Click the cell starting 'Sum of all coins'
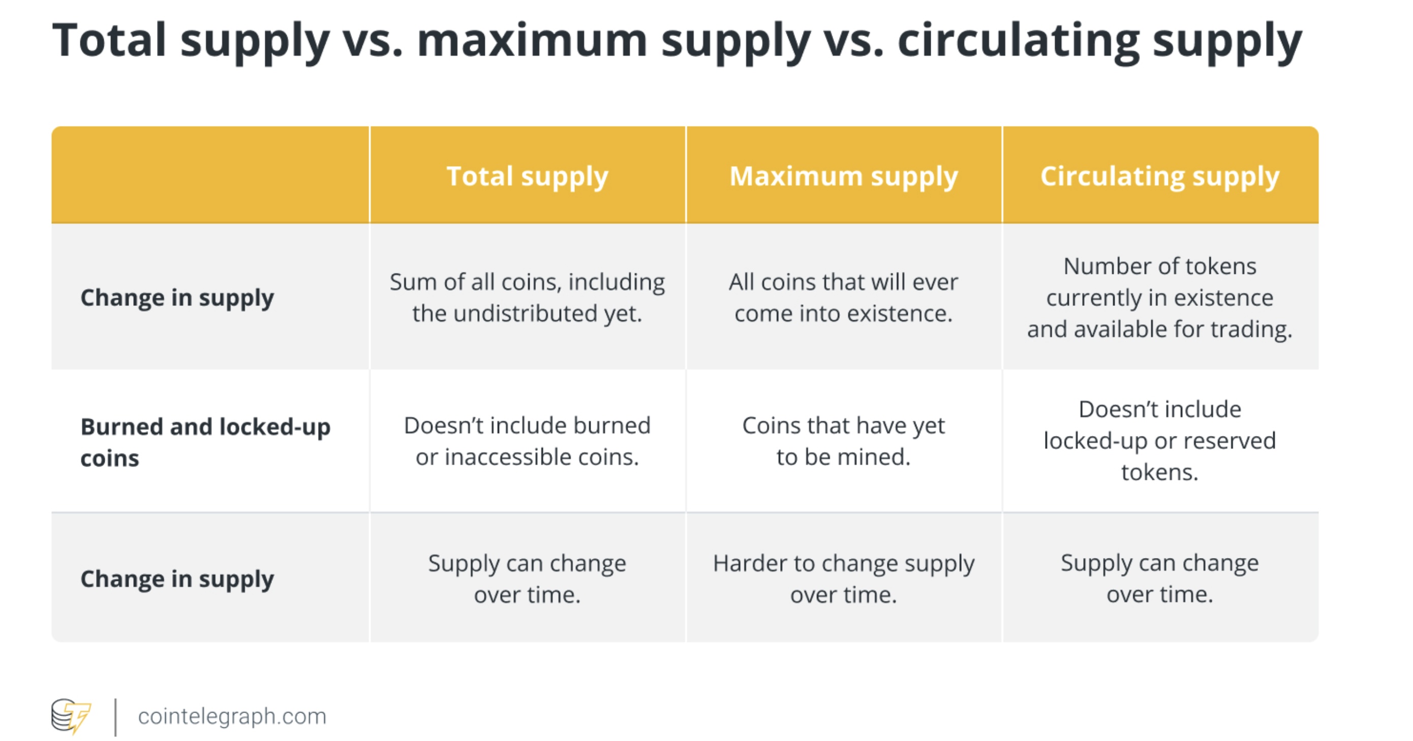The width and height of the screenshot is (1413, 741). point(528,297)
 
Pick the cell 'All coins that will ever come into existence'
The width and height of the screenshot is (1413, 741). point(844,297)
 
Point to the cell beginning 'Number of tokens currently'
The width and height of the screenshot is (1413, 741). point(1160,297)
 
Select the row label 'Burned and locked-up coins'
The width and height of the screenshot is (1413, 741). point(205,442)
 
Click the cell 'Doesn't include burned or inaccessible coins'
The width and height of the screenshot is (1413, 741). point(528,441)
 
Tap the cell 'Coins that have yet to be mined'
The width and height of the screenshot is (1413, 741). point(844,441)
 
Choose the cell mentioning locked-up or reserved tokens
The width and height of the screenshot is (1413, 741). point(1160,441)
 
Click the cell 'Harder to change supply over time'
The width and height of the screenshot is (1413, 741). point(844,579)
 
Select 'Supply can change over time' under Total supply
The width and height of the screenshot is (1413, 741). point(528,579)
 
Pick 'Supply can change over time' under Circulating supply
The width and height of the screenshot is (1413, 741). point(1160,579)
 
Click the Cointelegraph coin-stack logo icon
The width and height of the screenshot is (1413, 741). point(71,716)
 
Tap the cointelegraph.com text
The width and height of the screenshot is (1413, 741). point(232,716)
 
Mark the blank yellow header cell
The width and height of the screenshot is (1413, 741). point(210,175)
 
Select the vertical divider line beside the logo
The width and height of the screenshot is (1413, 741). point(115,717)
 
